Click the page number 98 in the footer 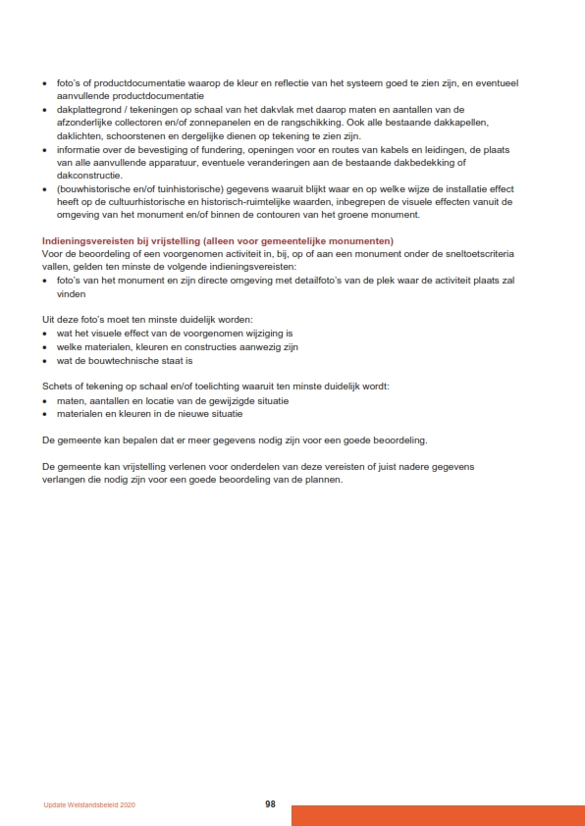270,803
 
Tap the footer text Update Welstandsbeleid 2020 89,804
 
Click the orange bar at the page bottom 437,815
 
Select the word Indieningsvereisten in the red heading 83,240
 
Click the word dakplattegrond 89,110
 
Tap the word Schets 58,387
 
